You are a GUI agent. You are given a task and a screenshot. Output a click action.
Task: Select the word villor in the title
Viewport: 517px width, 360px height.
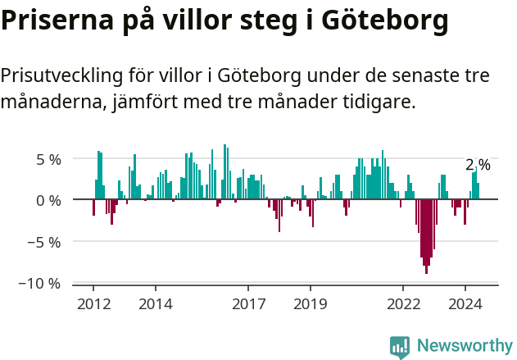[205, 20]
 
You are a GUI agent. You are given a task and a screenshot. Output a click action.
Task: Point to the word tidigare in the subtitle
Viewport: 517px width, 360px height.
[379, 103]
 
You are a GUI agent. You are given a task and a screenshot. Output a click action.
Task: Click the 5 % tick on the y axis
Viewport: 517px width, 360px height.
[48, 159]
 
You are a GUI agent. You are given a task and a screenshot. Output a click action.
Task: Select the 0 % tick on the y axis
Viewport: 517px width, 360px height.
[48, 200]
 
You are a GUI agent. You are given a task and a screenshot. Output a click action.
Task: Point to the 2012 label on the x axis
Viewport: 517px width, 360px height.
[93, 304]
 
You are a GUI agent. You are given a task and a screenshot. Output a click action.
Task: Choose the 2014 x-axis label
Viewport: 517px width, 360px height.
[155, 304]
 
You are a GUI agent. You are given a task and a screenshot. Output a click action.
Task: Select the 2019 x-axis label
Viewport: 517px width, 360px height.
[311, 304]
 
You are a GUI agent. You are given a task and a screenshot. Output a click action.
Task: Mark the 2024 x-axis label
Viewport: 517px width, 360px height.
[465, 304]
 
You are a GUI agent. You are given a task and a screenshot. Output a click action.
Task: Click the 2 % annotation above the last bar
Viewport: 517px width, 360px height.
[478, 166]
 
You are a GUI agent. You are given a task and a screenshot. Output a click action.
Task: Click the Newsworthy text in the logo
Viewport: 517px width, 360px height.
[464, 346]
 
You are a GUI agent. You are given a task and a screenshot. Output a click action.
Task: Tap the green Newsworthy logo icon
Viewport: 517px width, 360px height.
[400, 347]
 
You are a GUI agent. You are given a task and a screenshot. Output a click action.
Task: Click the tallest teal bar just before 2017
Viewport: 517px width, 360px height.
[224, 172]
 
